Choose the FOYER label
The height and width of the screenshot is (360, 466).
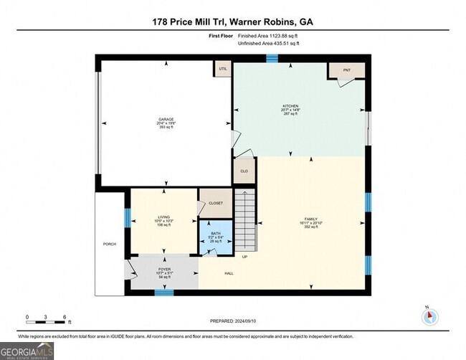click(164, 270)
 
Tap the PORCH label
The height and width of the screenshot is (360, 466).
click(110, 244)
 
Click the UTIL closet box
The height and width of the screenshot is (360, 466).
click(223, 69)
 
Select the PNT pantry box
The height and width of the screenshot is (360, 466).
click(346, 70)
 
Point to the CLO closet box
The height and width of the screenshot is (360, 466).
click(244, 171)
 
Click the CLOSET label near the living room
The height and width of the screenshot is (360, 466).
click(216, 203)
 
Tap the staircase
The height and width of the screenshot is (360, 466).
click(245, 219)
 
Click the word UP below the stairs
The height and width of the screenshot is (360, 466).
click(244, 256)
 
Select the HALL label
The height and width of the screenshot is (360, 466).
click(229, 273)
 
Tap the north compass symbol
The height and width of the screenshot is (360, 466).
click(427, 317)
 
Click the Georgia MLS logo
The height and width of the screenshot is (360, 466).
click(27, 350)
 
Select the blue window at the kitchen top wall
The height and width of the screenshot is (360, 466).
click(272, 57)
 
